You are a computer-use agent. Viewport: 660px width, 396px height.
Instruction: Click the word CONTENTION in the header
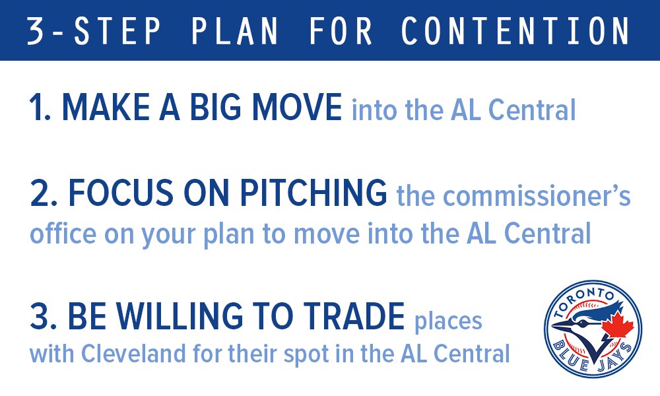click(x=515, y=30)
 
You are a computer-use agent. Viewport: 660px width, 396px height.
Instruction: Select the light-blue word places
click(x=448, y=322)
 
